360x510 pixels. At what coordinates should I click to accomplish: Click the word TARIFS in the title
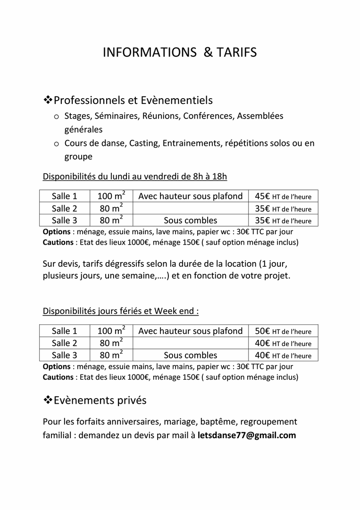[237, 52]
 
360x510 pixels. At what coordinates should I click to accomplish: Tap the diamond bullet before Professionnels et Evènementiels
[48, 100]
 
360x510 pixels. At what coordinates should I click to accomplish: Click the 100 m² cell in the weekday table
[111, 196]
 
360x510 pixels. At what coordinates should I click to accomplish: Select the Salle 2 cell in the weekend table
[64, 343]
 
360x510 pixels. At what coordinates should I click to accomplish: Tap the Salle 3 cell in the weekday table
[64, 220]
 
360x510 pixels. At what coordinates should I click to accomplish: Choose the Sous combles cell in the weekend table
[190, 355]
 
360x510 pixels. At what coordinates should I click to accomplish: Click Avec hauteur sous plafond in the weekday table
[190, 196]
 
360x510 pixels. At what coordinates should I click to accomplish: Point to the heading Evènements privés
[100, 400]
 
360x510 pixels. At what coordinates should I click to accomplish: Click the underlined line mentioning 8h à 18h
[135, 177]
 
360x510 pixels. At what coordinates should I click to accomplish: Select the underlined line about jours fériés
[121, 311]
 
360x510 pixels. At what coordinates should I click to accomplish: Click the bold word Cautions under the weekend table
[58, 377]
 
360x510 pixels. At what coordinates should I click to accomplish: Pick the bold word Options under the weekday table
[56, 232]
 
